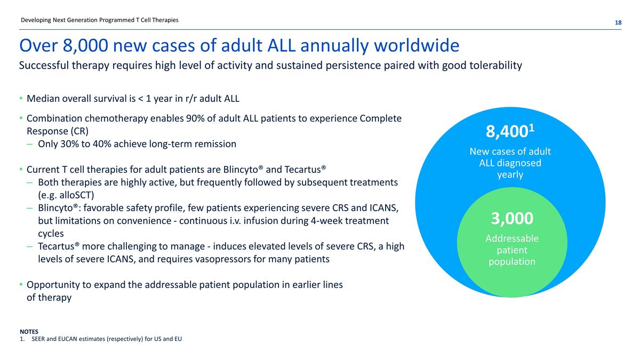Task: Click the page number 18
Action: [618, 22]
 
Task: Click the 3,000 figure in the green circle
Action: [512, 218]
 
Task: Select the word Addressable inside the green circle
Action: [512, 238]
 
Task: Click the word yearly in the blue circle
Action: [510, 174]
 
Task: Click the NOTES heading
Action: [29, 331]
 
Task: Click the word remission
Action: [214, 144]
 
